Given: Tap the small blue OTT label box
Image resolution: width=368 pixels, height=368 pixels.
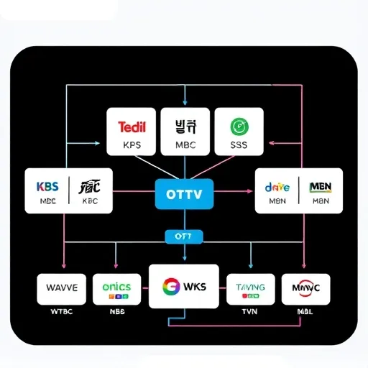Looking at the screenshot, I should [184, 236].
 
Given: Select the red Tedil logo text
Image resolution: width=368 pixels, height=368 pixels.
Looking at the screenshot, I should [131, 127].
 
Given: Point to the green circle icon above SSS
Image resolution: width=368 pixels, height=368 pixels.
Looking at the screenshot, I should [237, 126].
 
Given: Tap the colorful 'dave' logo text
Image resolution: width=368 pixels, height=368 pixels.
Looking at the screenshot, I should [277, 186].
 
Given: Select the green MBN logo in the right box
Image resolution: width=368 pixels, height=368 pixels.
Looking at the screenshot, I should [320, 186].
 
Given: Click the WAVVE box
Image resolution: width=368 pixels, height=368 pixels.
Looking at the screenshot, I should [61, 288].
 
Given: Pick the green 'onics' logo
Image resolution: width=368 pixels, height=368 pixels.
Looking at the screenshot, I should [116, 286].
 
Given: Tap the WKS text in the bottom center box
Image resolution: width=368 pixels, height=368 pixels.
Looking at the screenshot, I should [194, 287].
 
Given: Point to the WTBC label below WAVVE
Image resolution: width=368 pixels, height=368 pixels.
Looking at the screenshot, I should [61, 313].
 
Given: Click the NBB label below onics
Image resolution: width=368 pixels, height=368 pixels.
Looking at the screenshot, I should [117, 313].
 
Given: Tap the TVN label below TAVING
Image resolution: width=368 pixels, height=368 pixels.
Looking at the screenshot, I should [250, 313].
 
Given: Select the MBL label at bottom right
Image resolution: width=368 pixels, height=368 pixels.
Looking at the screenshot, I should [305, 313].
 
